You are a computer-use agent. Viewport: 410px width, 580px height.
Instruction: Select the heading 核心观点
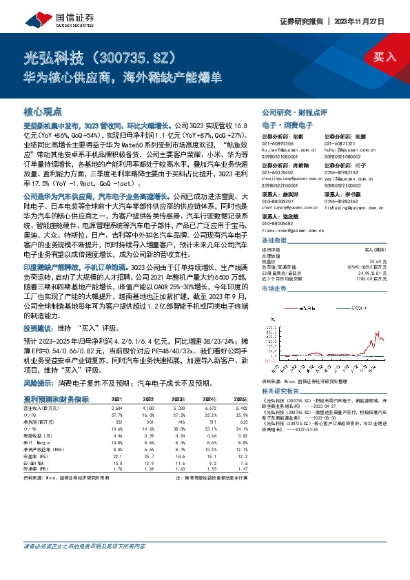click(43, 111)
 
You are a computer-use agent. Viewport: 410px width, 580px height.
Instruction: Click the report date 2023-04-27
click(311, 407)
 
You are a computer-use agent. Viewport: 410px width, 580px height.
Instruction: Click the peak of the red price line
click(380, 331)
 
